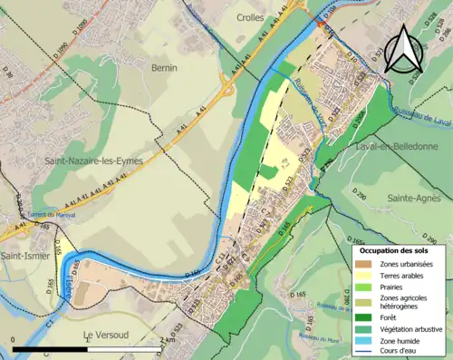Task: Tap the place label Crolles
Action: coord(251,17)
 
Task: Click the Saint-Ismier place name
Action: coord(26,257)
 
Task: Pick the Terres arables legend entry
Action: coord(403,277)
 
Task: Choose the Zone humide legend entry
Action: coord(402,341)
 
